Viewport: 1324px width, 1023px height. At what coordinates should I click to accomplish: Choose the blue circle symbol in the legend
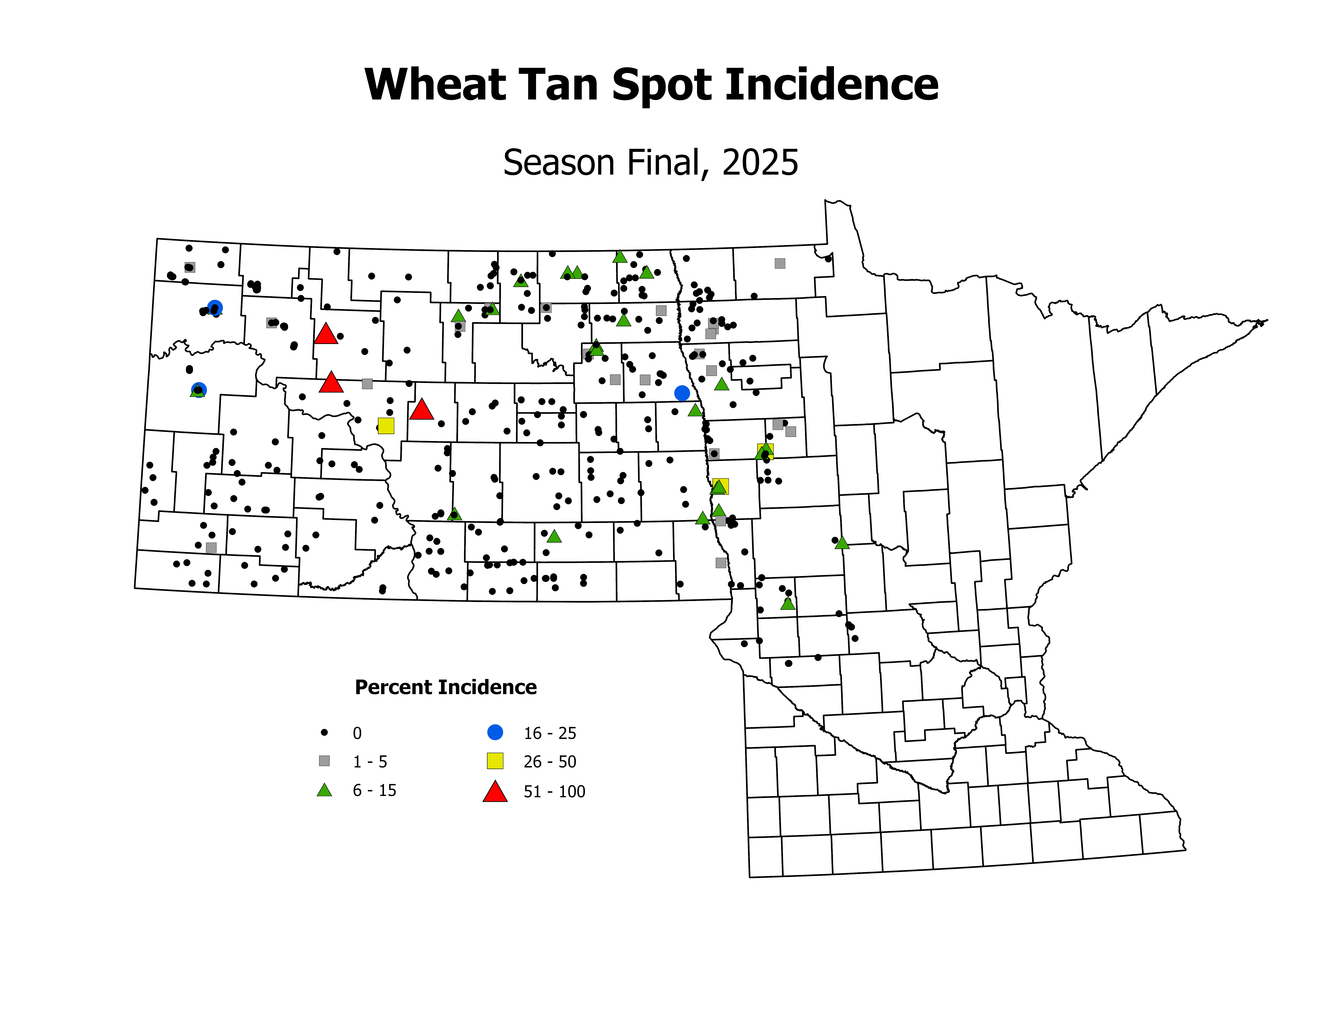click(495, 732)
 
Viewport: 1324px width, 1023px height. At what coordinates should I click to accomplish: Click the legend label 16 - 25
click(550, 733)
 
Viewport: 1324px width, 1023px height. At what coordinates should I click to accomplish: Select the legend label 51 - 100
click(554, 792)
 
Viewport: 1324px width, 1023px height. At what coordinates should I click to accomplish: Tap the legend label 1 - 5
click(370, 762)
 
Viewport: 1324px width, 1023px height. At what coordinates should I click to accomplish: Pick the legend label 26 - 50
click(550, 762)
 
